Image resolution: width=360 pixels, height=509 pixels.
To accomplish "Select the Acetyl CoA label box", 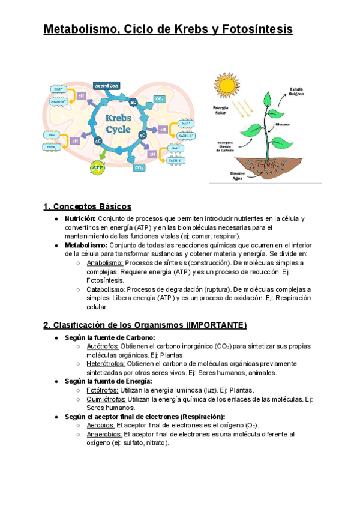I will (107, 86).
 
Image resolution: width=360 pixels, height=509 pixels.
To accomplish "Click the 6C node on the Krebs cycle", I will (134, 103).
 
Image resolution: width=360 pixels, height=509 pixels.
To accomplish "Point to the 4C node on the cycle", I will (97, 141).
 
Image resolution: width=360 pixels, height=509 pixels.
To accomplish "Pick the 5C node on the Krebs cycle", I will (142, 135).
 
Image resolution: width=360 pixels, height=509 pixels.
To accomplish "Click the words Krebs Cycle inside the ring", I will (119, 124).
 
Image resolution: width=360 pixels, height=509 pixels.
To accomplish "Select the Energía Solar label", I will (220, 110).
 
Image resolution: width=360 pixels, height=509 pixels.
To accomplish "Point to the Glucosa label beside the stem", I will (283, 125).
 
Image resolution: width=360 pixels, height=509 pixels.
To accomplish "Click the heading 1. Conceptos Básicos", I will (87, 207).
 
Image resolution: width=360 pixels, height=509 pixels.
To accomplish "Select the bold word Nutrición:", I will (80, 219).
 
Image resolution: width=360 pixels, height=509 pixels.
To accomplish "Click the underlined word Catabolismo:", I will (106, 289).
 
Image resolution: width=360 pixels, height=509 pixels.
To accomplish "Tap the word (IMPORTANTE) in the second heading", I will (217, 325).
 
